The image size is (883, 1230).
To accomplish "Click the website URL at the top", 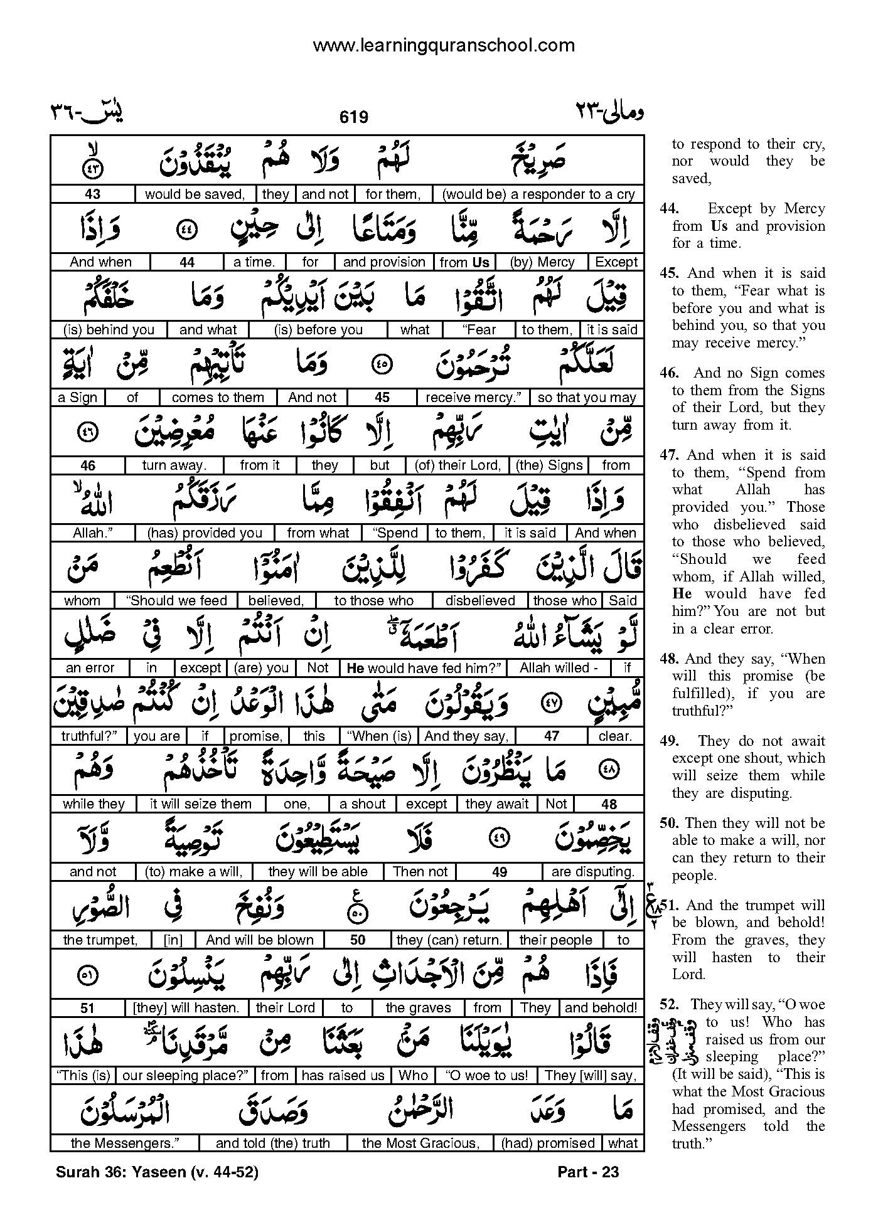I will pyautogui.click(x=443, y=45).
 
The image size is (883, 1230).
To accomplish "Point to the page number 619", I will pyautogui.click(x=353, y=117).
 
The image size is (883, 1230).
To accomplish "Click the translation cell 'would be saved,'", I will pyautogui.click(x=195, y=194).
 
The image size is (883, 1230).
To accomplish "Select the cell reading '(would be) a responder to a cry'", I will pyautogui.click(x=538, y=194).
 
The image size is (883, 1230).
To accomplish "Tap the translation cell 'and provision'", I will pyautogui.click(x=384, y=262).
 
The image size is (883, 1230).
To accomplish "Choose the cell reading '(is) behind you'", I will pyautogui.click(x=109, y=330).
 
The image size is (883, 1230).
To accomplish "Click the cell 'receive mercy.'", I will pyautogui.click(x=473, y=398).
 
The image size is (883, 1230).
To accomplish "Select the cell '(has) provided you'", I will pyautogui.click(x=205, y=533).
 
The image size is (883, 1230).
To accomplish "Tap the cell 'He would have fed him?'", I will pyautogui.click(x=423, y=669).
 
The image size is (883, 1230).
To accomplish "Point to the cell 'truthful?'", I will pyautogui.click(x=88, y=736).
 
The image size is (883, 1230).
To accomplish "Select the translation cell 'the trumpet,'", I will pyautogui.click(x=100, y=940).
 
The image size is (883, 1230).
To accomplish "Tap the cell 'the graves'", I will pyautogui.click(x=418, y=1008).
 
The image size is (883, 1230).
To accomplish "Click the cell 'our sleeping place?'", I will pyautogui.click(x=185, y=1076).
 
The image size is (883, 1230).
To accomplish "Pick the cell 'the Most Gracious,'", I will pyautogui.click(x=420, y=1143).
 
